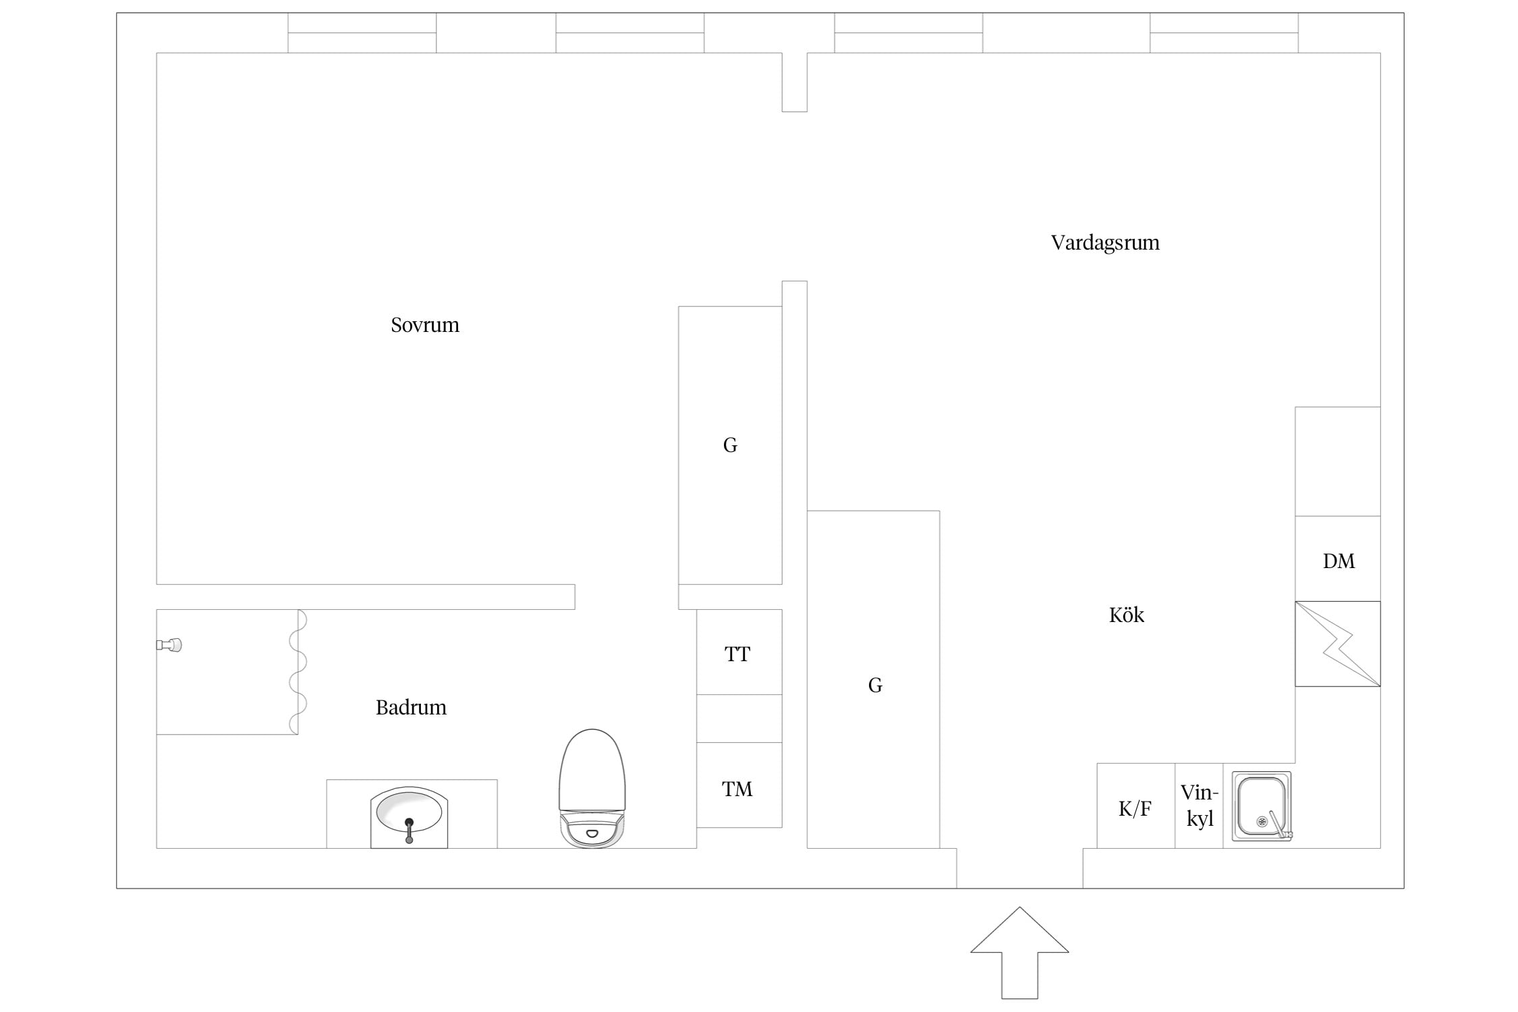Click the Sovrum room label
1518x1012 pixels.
[425, 325]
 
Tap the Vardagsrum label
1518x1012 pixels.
[1105, 243]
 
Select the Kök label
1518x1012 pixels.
[1127, 615]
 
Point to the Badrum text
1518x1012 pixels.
[411, 707]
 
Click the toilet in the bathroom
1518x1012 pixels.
[592, 788]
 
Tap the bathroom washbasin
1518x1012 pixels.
[409, 817]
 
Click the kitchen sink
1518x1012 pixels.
[1262, 806]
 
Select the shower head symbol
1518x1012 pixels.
[169, 645]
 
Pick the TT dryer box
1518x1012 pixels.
[739, 652]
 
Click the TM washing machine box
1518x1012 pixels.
[739, 785]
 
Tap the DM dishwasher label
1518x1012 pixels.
[1339, 561]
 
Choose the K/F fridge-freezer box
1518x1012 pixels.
[1135, 806]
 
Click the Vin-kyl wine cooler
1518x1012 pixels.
[1199, 806]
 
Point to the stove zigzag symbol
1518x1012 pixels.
[1337, 644]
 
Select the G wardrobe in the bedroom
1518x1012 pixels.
[730, 445]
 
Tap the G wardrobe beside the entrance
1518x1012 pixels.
[873, 679]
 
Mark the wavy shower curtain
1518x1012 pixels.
[298, 672]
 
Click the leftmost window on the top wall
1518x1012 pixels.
[362, 32]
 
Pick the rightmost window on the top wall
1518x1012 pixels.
[1224, 32]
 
